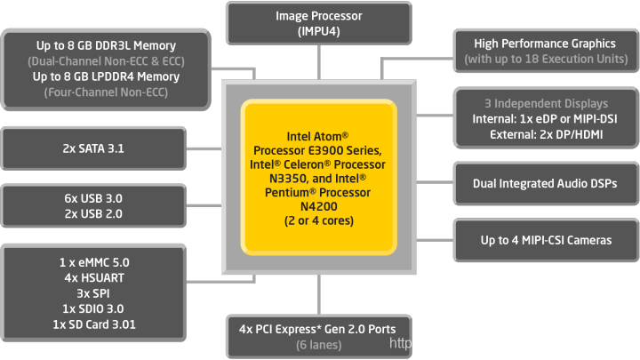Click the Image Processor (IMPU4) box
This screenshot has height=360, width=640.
[x=320, y=23]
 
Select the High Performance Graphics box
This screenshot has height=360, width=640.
[x=545, y=52]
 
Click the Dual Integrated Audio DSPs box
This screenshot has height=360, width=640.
[x=545, y=183]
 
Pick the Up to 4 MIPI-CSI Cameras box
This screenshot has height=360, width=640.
[x=545, y=241]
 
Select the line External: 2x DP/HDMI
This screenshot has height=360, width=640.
[x=545, y=134]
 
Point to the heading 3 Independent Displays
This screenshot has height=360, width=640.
[x=545, y=104]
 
